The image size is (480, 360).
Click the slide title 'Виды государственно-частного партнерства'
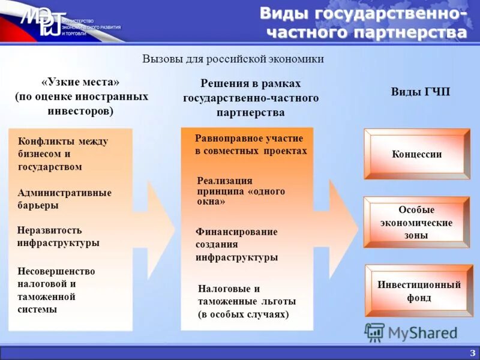tap(363, 23)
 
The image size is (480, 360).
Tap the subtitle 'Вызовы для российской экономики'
tap(233, 59)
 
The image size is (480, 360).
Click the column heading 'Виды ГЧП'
tap(420, 92)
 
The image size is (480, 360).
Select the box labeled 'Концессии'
tap(417, 154)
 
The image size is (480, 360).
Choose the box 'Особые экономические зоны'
tap(417, 223)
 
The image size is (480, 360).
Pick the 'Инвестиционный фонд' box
tap(419, 291)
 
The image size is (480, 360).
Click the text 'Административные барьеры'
tap(65, 199)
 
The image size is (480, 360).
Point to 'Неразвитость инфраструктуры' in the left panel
tap(58, 236)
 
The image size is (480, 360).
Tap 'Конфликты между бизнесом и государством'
tap(63, 154)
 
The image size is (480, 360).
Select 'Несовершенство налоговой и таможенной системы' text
tap(56, 290)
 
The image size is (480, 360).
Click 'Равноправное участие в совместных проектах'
tap(250, 145)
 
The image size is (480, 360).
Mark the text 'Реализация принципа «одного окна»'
tap(241, 191)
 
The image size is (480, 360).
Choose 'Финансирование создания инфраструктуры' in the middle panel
tap(236, 244)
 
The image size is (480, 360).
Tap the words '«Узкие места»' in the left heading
tap(81, 82)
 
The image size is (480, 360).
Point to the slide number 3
tap(472, 352)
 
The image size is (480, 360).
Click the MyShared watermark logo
tap(411, 332)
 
